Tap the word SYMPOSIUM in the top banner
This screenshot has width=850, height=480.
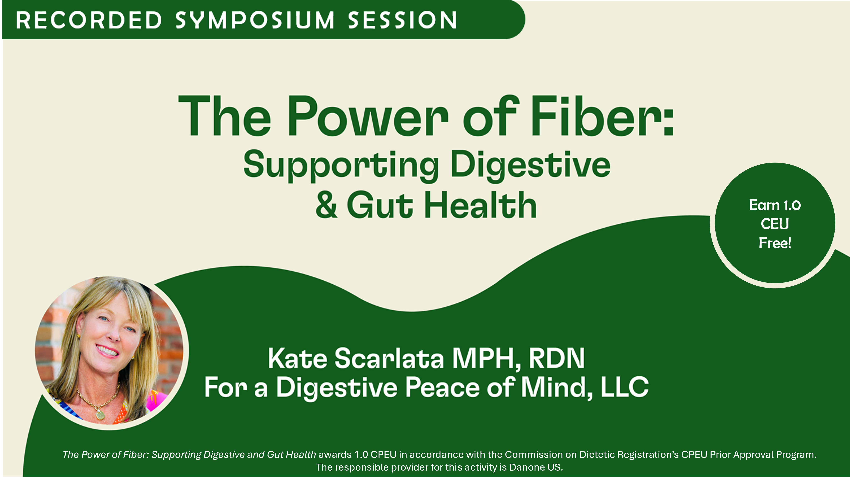[255, 20]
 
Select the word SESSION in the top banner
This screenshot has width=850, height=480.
[402, 20]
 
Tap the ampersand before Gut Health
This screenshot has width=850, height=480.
[326, 205]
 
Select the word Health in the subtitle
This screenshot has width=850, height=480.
[480, 205]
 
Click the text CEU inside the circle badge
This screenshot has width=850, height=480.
[775, 224]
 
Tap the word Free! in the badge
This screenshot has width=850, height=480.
[775, 243]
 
